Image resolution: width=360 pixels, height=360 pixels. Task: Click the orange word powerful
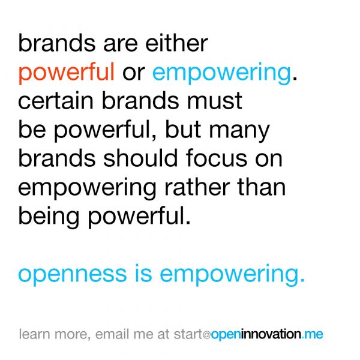(67, 73)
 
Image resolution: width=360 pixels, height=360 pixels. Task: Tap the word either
(176, 43)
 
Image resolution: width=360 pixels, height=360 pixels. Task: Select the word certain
(56, 101)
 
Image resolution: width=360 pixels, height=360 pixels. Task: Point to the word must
(214, 101)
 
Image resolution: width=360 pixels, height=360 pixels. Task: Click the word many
(239, 130)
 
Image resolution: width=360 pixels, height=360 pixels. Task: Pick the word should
(140, 158)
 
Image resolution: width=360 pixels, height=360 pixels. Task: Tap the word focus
(217, 158)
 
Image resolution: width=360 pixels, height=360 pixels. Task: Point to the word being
(49, 217)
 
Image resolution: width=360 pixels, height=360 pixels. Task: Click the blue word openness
(73, 274)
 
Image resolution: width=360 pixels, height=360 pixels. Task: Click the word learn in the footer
(34, 334)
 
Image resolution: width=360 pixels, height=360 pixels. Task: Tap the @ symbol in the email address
(207, 335)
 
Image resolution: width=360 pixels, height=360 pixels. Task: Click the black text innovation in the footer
(271, 334)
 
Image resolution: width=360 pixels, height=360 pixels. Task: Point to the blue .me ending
(313, 335)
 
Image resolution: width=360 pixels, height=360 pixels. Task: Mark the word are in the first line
(121, 44)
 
